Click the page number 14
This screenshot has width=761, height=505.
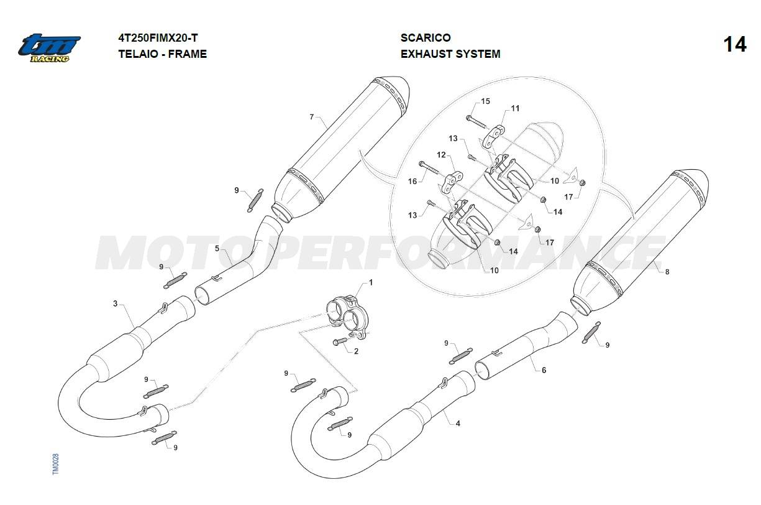click(735, 45)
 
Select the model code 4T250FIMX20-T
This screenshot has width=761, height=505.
click(158, 37)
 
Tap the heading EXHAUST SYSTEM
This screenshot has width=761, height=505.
click(450, 54)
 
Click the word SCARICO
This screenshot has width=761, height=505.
click(426, 37)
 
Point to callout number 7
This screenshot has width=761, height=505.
click(311, 117)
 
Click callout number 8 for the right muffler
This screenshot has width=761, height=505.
click(667, 272)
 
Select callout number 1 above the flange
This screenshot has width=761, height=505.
click(371, 283)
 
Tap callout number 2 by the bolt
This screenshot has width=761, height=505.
click(356, 351)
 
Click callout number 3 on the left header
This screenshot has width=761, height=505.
click(116, 303)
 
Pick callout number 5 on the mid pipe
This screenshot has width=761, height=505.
click(217, 249)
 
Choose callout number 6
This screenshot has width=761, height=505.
click(544, 370)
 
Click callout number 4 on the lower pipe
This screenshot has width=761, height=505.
click(458, 424)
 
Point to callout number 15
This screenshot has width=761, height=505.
click(486, 101)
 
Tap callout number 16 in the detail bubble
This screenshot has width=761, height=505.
click(412, 182)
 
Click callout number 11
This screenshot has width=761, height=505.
click(516, 108)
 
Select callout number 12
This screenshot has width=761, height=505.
click(442, 155)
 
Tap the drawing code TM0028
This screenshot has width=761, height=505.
click(55, 464)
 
